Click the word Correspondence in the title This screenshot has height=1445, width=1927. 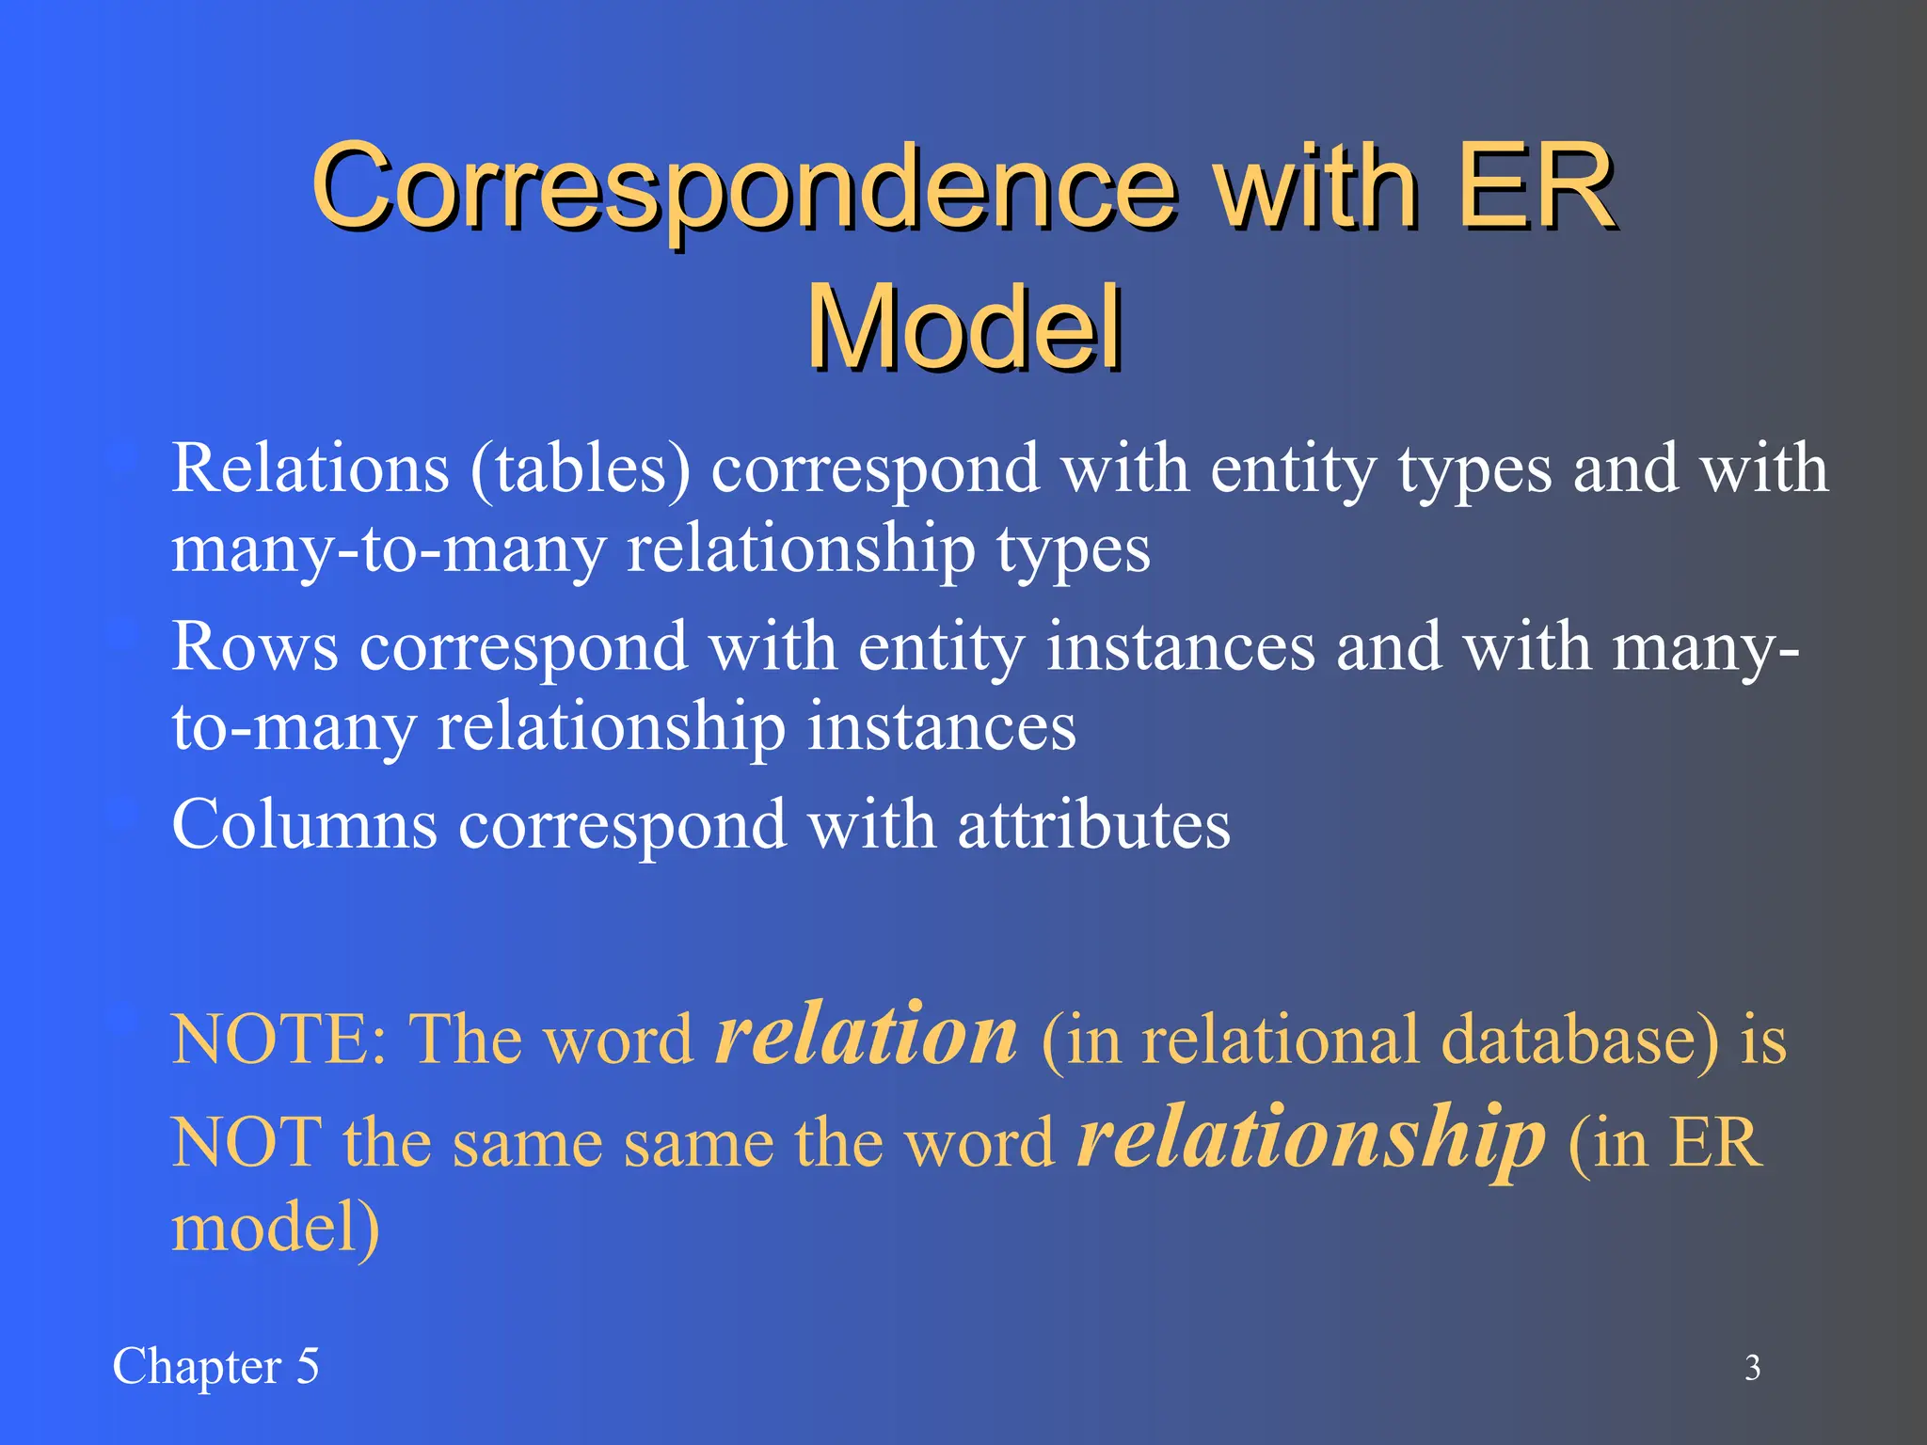(x=743, y=188)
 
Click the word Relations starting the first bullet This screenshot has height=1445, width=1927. (x=311, y=468)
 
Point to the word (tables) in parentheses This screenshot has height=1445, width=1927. (x=581, y=468)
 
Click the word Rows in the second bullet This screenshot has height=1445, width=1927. (x=254, y=647)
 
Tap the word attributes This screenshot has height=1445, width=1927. (x=1093, y=825)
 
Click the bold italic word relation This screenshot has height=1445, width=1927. (x=866, y=1035)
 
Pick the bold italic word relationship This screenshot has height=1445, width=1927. (x=1310, y=1138)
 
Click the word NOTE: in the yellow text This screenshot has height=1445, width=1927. (x=279, y=1040)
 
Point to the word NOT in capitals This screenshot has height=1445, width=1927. (x=247, y=1143)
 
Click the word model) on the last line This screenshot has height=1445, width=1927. (x=276, y=1228)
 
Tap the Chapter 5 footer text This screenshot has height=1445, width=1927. (x=215, y=1366)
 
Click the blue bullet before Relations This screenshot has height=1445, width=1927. (x=122, y=460)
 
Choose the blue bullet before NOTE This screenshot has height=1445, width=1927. (x=122, y=1021)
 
